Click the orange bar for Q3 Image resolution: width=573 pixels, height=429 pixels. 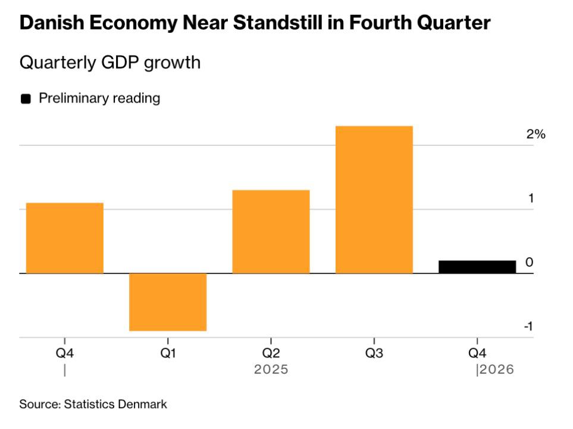coord(374,200)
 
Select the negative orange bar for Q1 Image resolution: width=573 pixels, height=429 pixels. coord(168,301)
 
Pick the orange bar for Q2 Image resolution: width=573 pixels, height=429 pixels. coord(271,231)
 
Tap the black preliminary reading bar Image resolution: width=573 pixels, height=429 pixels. coord(477,266)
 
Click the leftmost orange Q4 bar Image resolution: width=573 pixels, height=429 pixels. coord(65,238)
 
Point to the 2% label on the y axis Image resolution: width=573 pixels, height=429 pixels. coord(536,134)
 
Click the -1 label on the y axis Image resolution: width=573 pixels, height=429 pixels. coord(528,327)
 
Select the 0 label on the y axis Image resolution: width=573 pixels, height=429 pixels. coord(529,263)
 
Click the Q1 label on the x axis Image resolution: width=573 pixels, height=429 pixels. coord(168,353)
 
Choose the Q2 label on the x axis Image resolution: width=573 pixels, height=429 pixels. coord(271,353)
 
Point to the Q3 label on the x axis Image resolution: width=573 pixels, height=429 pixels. coord(374,353)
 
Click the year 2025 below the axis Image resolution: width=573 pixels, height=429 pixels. coord(271,369)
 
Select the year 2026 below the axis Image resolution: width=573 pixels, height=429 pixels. coord(497,369)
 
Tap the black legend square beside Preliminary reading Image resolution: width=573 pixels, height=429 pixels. coord(26,99)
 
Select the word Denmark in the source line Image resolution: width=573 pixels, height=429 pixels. coord(142,404)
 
